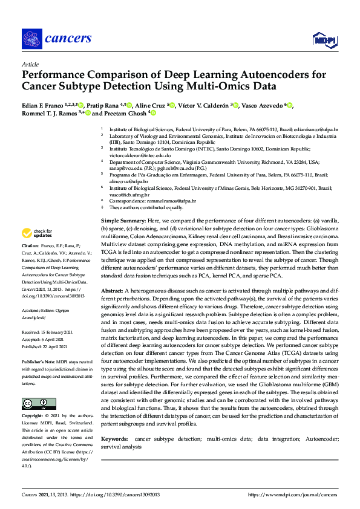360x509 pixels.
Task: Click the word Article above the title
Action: click(30, 64)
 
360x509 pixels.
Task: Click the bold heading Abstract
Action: click(113, 290)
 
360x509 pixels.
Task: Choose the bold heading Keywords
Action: click(114, 438)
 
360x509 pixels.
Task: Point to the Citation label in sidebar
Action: click(30, 245)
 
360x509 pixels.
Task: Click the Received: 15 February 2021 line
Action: click(48, 333)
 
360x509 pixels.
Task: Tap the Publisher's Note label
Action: click(37, 361)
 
